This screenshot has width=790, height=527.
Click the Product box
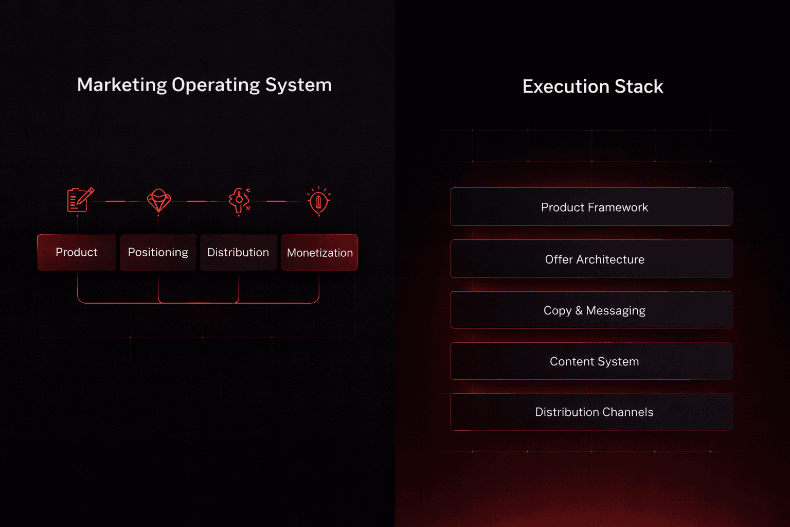[x=76, y=252]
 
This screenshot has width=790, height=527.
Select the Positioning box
[x=158, y=252]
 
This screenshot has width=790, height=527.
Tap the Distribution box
[x=238, y=252]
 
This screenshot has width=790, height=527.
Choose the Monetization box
[x=319, y=253]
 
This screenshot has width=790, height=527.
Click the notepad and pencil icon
[x=80, y=200]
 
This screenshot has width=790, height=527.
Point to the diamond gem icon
[x=159, y=200]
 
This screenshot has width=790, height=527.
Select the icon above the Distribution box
[x=239, y=200]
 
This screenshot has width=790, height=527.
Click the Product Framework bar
[x=591, y=207]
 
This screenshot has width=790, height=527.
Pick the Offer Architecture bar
[x=591, y=259]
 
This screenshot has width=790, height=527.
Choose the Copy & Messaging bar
[x=591, y=310]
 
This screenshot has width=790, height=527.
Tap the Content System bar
[x=591, y=361]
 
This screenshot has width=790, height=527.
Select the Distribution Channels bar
[x=591, y=412]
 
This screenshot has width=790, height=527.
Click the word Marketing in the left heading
[x=122, y=85]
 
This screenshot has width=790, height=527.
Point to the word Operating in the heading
[x=216, y=85]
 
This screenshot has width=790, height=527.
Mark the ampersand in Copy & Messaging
[x=579, y=310]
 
